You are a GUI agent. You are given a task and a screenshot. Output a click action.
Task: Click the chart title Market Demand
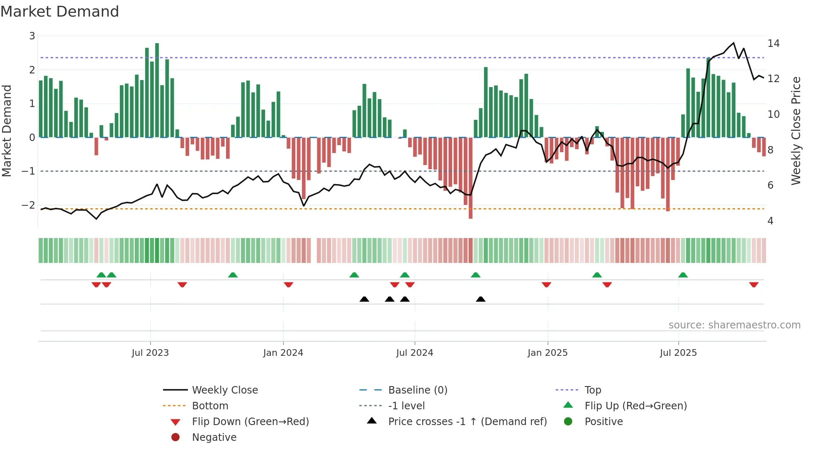60,12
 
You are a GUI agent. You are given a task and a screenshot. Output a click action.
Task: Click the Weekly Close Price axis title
796,131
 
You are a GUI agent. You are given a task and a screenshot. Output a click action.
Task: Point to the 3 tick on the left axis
32,36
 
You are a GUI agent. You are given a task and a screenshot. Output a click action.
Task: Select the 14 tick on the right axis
773,44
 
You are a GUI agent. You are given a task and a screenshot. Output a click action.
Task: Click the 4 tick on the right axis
770,221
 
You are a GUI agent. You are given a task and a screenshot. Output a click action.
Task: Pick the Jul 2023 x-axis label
150,353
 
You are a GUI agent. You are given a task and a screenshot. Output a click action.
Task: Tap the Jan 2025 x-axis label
548,353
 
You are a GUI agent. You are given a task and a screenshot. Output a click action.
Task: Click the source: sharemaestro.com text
734,325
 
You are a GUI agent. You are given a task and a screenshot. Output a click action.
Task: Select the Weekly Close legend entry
224,390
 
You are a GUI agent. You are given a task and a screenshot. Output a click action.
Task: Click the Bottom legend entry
210,406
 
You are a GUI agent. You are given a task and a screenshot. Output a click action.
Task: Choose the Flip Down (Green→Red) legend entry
250,422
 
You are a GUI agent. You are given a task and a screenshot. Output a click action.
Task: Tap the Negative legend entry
214,438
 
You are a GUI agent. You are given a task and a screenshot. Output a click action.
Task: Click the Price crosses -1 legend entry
467,422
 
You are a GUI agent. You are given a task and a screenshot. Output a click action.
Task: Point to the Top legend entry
593,390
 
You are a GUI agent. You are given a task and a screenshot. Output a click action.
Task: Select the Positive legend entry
604,422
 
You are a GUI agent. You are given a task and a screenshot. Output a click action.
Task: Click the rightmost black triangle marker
480,299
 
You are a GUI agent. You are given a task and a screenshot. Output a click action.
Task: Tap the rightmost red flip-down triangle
754,284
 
